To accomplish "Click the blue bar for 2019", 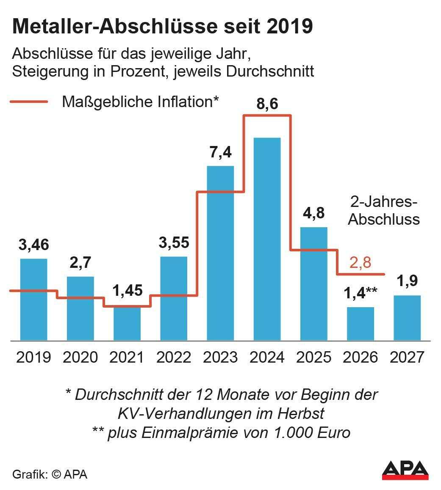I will point(34,299).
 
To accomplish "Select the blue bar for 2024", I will point(267,239).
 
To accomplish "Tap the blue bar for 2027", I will point(407,318).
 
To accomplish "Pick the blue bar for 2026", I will point(360,324).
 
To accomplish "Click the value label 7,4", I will point(221,152).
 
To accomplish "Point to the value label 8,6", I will point(267,104).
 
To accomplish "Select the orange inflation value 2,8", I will point(360,262).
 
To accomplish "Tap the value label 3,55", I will point(174,243).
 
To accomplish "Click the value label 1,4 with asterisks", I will point(360,293).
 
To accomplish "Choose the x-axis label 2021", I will point(127,357).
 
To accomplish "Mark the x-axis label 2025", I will point(313,357).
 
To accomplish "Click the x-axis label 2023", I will point(220,357).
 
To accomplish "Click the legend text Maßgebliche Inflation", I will point(140,102).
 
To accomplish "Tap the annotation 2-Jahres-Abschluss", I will point(384,210).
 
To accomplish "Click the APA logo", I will point(405,470).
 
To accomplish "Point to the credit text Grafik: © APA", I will point(50,474).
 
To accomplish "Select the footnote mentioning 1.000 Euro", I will point(221,433).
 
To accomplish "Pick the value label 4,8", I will point(314,213).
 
